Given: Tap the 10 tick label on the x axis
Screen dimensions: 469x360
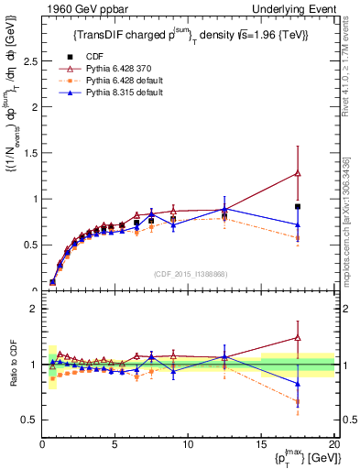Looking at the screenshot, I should (x=188, y=445).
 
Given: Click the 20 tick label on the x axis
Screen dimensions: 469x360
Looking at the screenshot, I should (x=333, y=445).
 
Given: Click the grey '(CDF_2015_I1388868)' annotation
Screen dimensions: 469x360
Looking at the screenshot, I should (x=191, y=274).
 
